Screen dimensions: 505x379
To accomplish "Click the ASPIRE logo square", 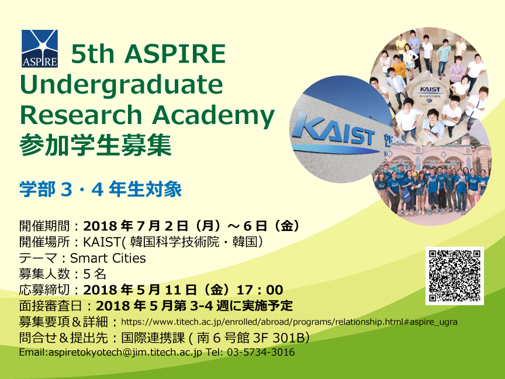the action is [x=40, y=49].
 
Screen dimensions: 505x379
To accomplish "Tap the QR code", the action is [x=455, y=276].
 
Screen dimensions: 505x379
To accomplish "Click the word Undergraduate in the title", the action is [x=122, y=84].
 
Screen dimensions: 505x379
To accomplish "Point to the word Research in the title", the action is [x=81, y=115].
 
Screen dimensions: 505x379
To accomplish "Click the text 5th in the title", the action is [x=93, y=54].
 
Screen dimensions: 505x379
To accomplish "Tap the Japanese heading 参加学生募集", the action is [x=96, y=146].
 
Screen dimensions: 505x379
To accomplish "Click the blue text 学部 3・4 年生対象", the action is [x=101, y=189].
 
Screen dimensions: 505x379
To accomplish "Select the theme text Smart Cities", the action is [x=108, y=258].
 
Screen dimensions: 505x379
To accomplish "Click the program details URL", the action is [x=289, y=322].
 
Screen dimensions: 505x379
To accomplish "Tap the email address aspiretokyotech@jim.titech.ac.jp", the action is [x=125, y=352].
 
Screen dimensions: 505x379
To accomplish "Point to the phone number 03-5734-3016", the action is [x=261, y=352].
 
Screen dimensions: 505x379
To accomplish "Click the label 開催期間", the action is [x=44, y=226].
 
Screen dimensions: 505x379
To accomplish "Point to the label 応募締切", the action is [x=44, y=290].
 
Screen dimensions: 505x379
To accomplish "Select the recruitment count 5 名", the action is [x=95, y=274].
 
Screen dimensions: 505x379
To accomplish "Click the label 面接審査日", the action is [x=51, y=306].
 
